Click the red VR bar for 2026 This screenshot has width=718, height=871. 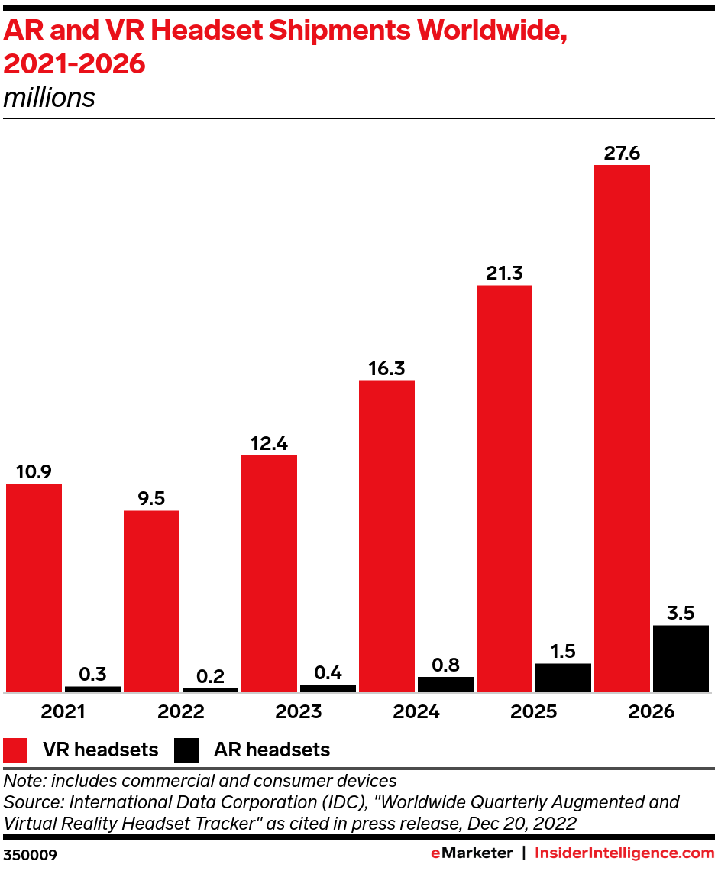point(622,428)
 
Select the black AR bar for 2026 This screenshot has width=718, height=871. point(681,659)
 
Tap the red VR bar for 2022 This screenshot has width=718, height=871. point(151,601)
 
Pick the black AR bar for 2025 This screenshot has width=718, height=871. point(563,678)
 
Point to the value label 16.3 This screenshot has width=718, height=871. point(386,368)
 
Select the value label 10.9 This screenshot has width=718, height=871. point(34,471)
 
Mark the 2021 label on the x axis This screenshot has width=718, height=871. point(63,712)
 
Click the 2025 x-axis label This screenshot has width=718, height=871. point(534,712)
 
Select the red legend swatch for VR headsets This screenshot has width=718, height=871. point(16,750)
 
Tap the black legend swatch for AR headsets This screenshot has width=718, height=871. point(186,750)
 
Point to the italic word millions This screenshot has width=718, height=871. point(50,98)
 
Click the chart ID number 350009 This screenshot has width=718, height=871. point(30,853)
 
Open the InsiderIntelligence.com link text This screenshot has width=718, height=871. point(624,853)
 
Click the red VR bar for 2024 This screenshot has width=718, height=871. point(386,536)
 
